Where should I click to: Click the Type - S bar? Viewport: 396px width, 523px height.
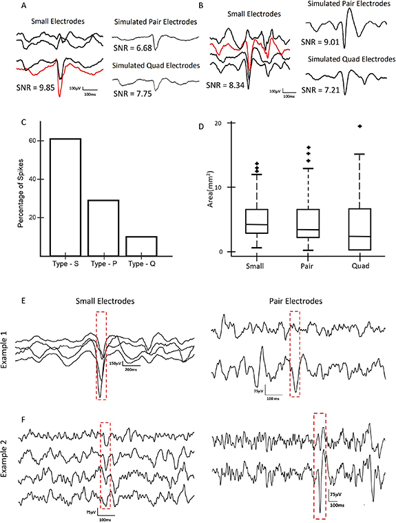click(65, 197)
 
